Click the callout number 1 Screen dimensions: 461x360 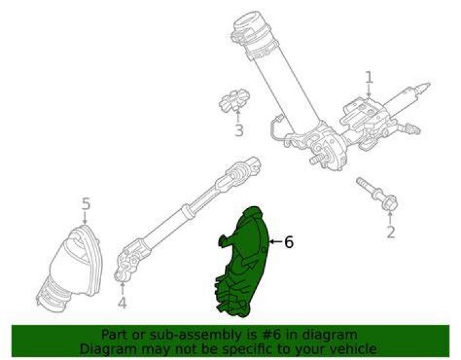369,78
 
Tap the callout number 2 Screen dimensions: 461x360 391,231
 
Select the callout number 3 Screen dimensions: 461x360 239,130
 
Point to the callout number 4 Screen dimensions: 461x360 122,302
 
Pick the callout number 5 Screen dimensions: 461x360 86,204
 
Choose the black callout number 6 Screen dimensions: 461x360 289,242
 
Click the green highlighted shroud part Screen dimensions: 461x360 243,262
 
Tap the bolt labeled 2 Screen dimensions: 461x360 377,194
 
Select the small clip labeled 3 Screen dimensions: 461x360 234,100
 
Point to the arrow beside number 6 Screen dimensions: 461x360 276,241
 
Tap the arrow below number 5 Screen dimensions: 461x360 85,218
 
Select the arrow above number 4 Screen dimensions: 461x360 122,288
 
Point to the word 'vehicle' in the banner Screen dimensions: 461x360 352,349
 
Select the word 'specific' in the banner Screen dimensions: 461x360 247,350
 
